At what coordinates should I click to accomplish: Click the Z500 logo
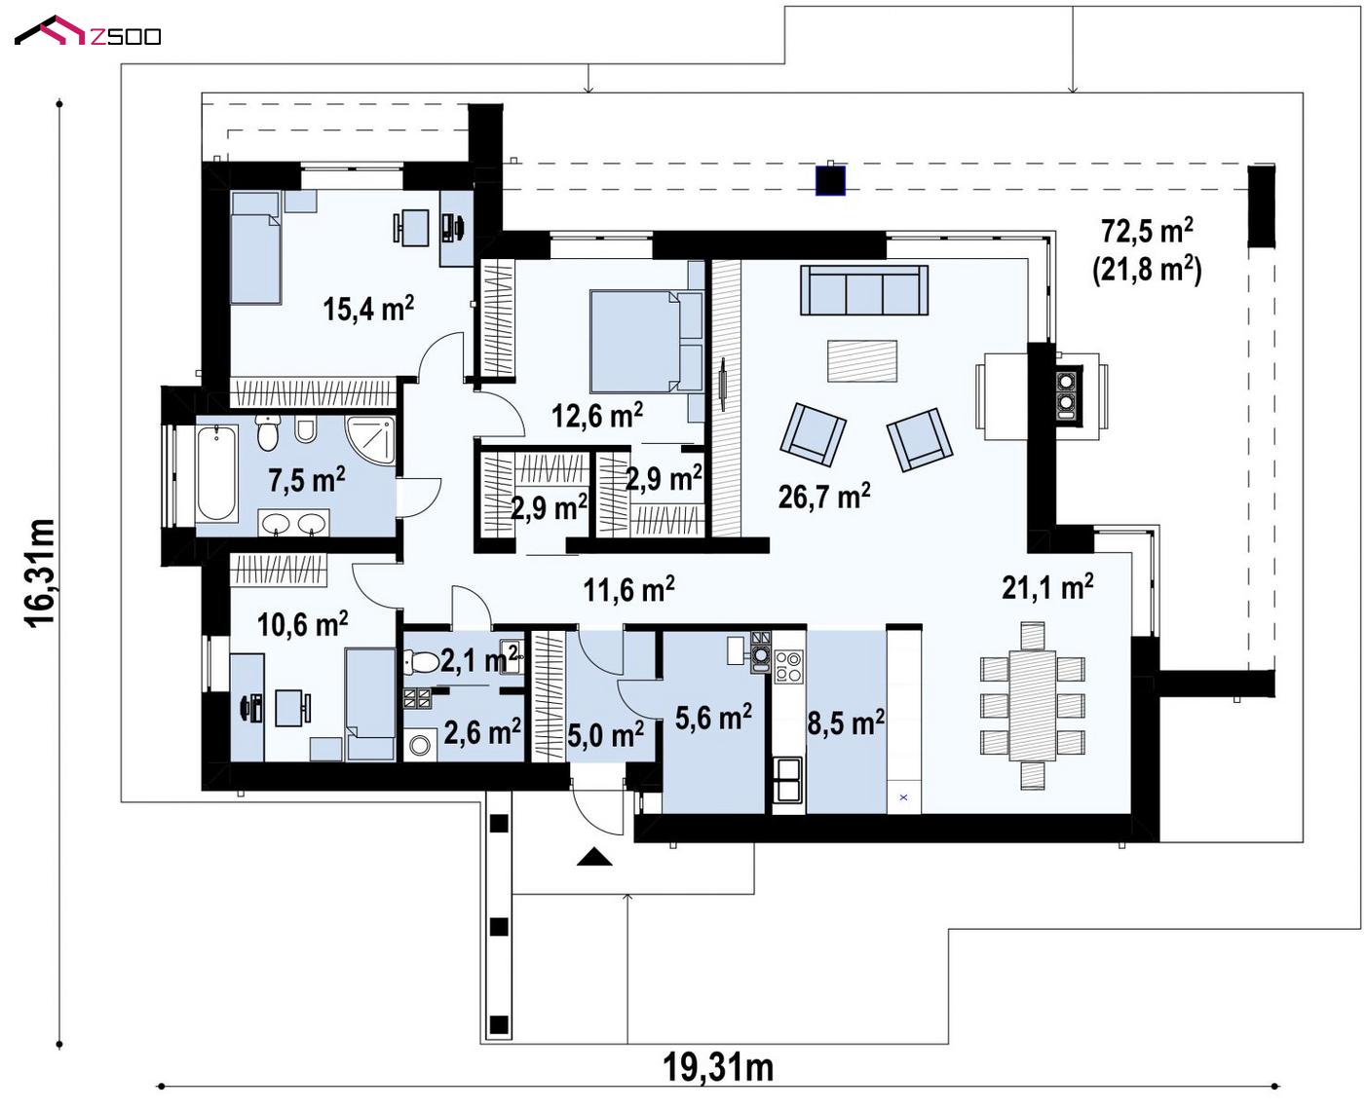(x=88, y=31)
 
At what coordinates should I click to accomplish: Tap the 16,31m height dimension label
(x=39, y=573)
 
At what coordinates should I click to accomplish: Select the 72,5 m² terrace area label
(x=1147, y=230)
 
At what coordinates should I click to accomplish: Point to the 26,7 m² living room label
(x=824, y=497)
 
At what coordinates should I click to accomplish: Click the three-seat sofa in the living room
(x=864, y=290)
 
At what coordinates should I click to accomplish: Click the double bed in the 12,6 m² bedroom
(x=647, y=341)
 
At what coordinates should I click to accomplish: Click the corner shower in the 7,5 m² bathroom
(x=369, y=440)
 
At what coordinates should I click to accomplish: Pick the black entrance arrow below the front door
(x=594, y=858)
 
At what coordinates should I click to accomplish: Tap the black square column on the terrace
(x=830, y=180)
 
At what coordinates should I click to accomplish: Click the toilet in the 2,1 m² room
(x=419, y=661)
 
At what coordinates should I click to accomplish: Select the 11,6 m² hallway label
(x=628, y=589)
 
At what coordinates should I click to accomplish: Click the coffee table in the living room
(x=862, y=361)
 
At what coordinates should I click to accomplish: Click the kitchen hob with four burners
(x=789, y=667)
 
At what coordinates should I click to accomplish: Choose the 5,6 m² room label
(x=713, y=718)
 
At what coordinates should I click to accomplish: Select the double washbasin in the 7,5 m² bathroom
(x=294, y=523)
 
